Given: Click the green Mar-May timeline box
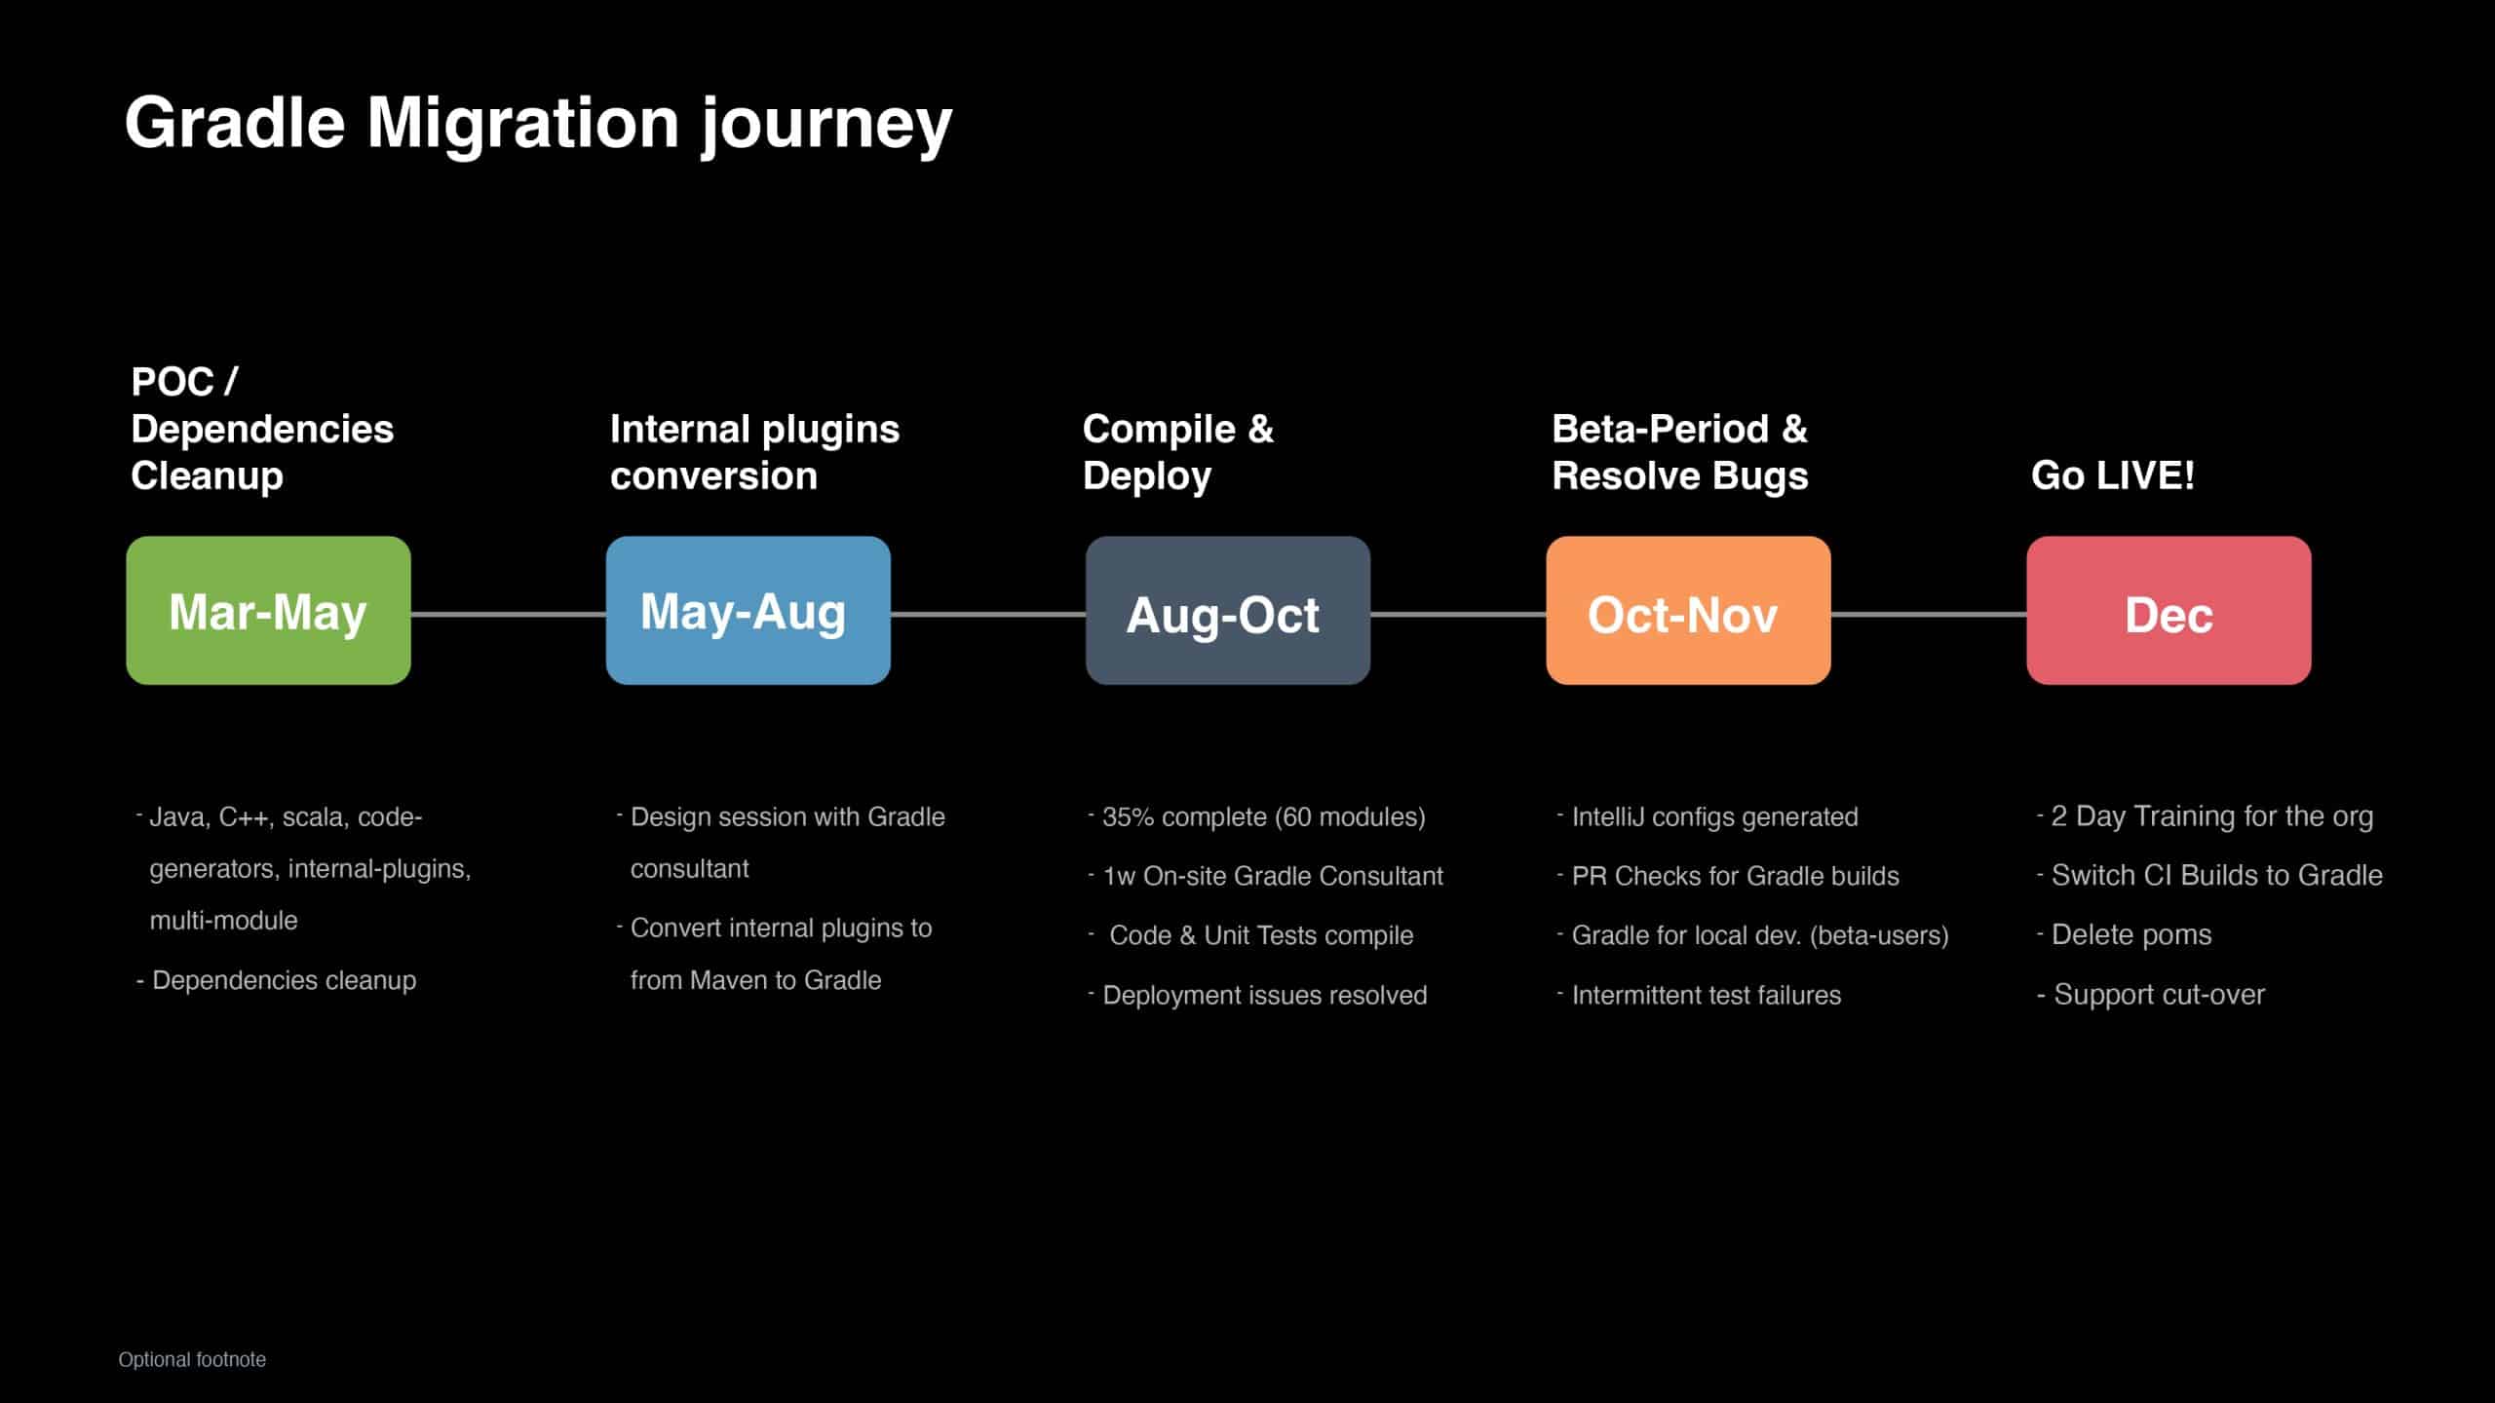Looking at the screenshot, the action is click(268, 610).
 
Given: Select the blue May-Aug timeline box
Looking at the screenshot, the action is click(748, 610).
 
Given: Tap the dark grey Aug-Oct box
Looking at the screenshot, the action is click(1228, 610).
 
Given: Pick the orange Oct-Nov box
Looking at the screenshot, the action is click(1688, 610).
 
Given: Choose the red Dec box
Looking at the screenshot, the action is click(2169, 610).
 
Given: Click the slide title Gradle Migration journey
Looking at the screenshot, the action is click(538, 124).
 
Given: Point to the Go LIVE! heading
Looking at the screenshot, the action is click(2113, 475).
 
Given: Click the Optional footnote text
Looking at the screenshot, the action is click(192, 1359).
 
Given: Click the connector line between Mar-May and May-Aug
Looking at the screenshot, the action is click(509, 614).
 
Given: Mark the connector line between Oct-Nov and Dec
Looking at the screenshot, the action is click(1929, 614).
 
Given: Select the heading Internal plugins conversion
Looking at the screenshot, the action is click(754, 452).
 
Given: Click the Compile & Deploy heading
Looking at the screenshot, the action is click(1177, 452).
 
